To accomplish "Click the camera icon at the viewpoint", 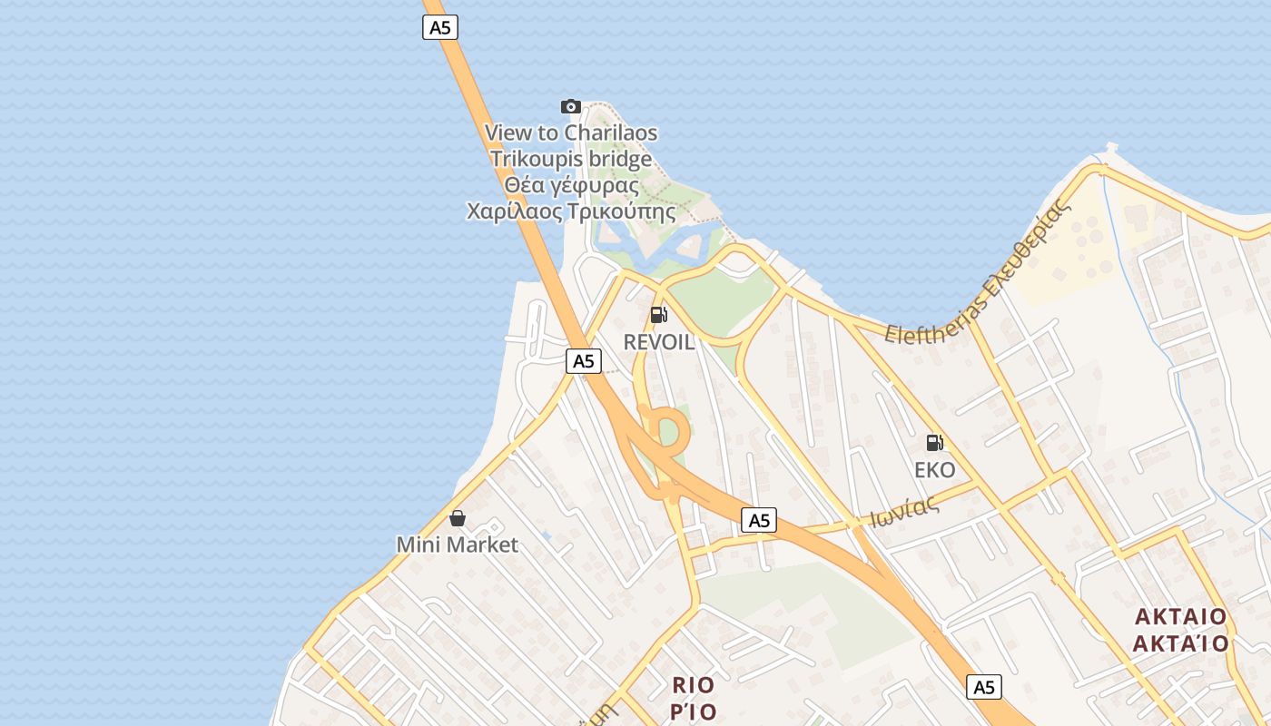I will tap(571, 106).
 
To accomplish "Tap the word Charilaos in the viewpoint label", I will tap(610, 132).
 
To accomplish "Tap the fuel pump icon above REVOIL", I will tap(659, 315).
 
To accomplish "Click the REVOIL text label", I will tap(659, 342).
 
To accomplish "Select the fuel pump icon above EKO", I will tap(935, 443).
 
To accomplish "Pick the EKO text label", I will tap(935, 470).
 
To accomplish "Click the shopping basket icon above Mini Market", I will tap(458, 518).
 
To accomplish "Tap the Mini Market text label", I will tap(458, 544).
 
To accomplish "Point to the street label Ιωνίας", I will tap(904, 514).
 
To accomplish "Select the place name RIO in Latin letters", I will tap(694, 684).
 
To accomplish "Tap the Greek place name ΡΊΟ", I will tap(694, 711).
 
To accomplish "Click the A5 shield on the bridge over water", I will tap(440, 27).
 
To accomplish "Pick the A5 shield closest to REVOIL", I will tap(584, 361).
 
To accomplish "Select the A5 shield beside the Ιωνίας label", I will tap(759, 520).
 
